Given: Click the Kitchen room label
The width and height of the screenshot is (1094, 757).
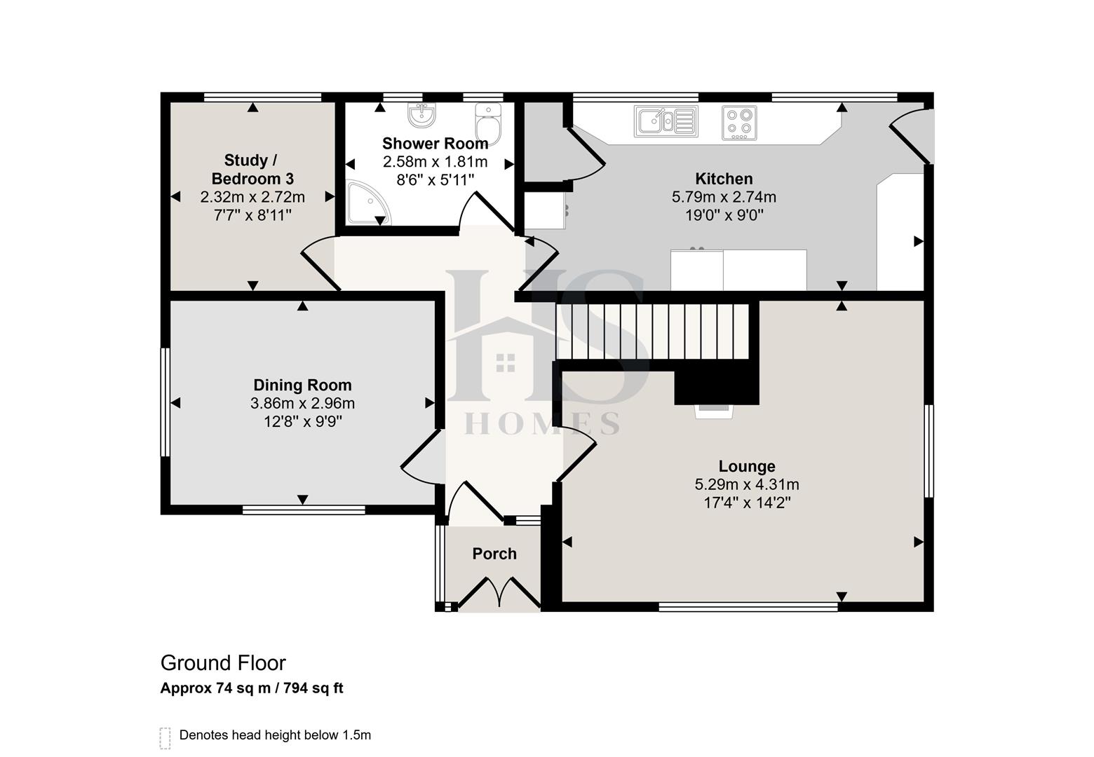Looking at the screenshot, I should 724,179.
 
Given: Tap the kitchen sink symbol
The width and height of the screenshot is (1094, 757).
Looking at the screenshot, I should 666,121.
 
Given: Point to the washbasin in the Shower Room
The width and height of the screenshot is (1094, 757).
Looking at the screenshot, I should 421,116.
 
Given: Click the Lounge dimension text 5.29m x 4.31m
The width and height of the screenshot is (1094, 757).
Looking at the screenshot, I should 747,484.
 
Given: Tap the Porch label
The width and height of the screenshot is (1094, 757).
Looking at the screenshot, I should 494,554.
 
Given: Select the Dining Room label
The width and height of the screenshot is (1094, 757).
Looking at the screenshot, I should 302,385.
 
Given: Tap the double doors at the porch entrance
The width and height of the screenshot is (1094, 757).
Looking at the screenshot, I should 499,593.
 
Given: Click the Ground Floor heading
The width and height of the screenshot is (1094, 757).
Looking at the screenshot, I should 223,663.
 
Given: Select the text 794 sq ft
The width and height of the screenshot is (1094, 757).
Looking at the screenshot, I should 313,688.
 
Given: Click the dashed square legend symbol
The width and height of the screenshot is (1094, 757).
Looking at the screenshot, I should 166,737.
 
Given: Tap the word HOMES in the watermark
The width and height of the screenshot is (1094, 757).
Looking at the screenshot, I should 542,423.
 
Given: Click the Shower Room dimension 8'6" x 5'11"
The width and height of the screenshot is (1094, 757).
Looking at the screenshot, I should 435,180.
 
